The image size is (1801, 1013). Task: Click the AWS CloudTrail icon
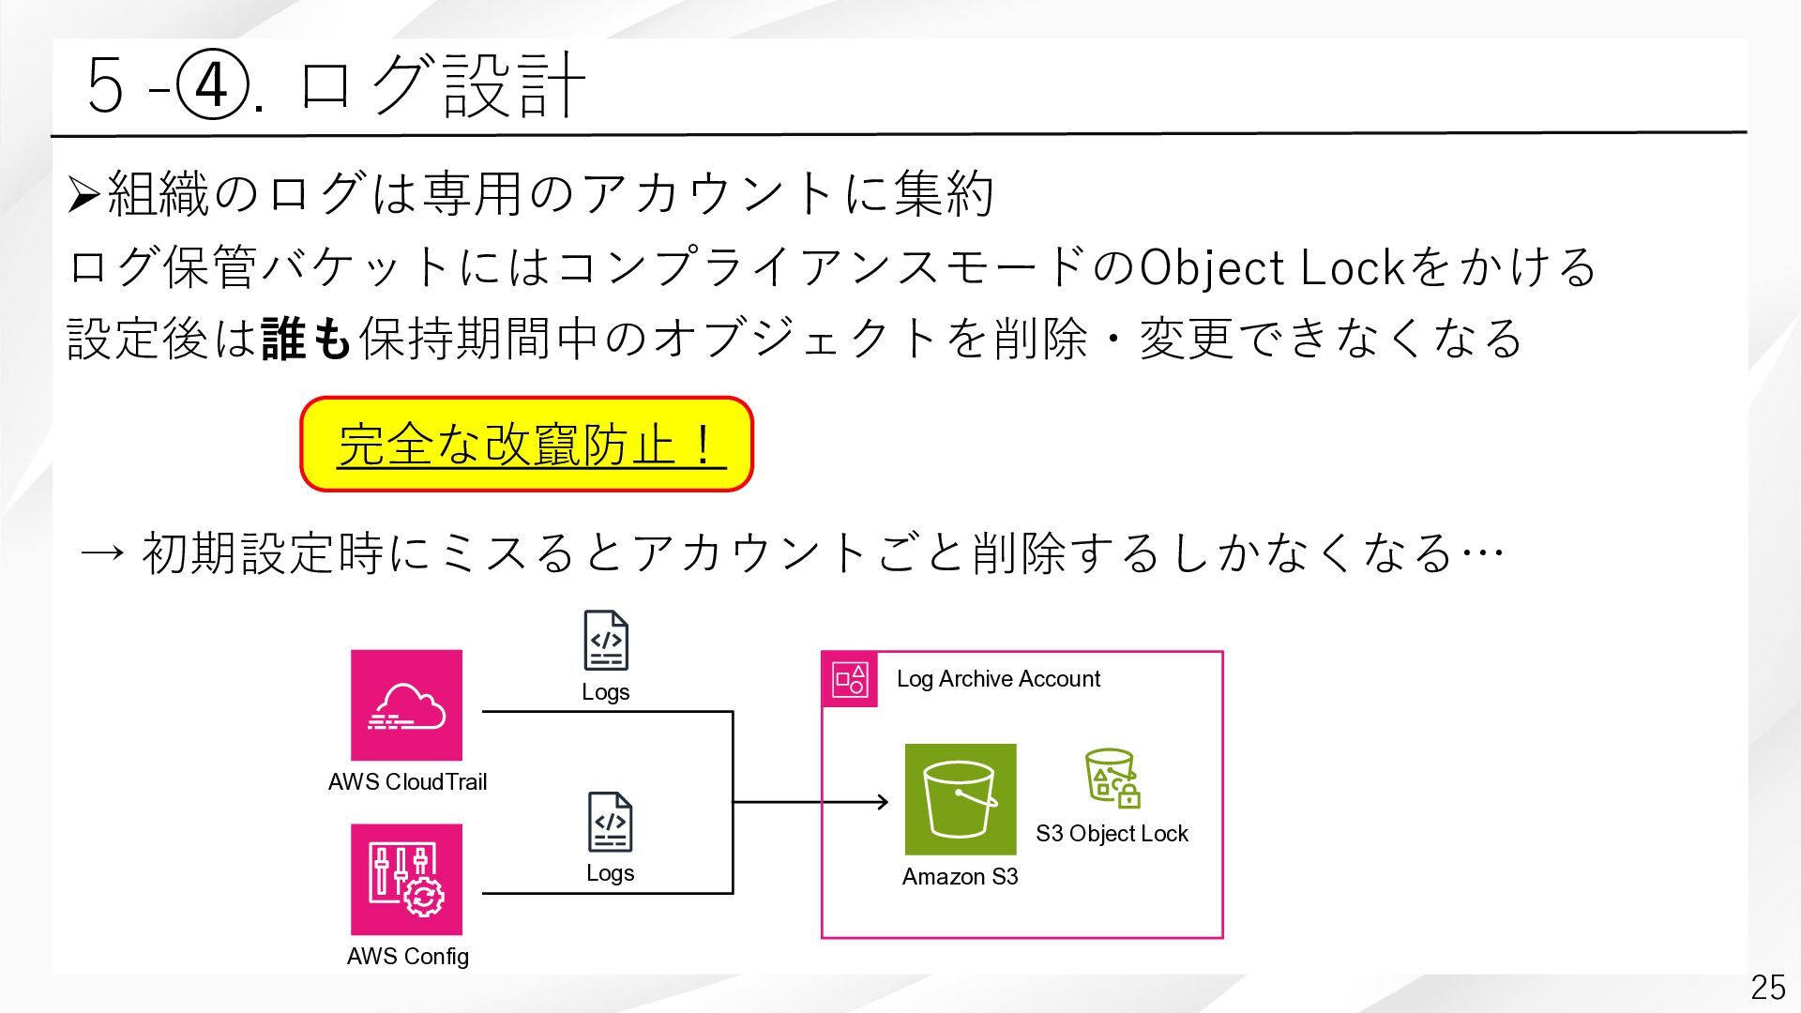tap(406, 705)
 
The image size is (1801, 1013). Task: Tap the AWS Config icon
tap(406, 880)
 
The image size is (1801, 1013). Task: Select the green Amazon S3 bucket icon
tap(960, 799)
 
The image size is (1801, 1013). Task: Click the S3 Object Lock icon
tap(1112, 779)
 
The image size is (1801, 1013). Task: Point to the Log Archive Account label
tap(998, 679)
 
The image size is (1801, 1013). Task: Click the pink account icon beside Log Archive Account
tap(850, 679)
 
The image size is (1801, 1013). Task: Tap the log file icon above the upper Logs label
tap(606, 640)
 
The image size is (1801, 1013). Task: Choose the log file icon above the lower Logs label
tap(610, 822)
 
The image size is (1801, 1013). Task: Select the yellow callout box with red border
tap(526, 444)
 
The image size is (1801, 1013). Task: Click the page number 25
tap(1767, 987)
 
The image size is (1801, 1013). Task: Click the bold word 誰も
tap(306, 339)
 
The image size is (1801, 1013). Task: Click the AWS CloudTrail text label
tap(407, 782)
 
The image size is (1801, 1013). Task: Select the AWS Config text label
tap(407, 957)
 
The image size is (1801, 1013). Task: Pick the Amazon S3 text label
tap(960, 877)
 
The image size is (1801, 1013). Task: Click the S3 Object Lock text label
tap(1112, 834)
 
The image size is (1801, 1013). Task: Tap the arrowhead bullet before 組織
tap(84, 195)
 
